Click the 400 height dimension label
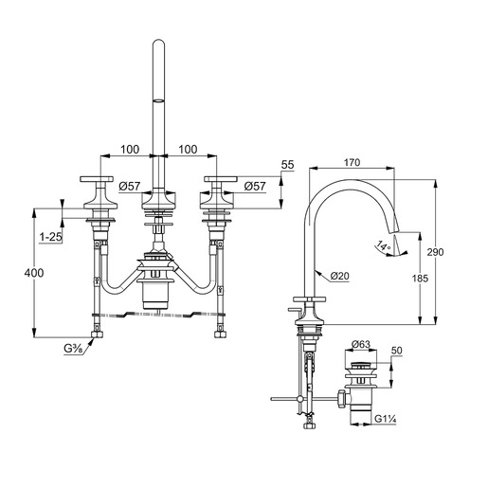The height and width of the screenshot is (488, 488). pyautogui.click(x=34, y=273)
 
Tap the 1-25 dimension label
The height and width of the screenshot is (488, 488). pyautogui.click(x=50, y=237)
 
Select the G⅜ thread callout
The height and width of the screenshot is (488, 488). pyautogui.click(x=73, y=349)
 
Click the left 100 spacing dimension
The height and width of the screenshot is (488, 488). pyautogui.click(x=130, y=150)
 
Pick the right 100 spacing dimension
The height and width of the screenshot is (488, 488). pyautogui.click(x=188, y=150)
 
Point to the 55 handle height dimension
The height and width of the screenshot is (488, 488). pyautogui.click(x=287, y=165)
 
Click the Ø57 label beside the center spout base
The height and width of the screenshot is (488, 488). pyautogui.click(x=130, y=186)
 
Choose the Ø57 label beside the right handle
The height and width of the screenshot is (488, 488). pyautogui.click(x=255, y=186)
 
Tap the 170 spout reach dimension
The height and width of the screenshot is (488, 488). pyautogui.click(x=352, y=162)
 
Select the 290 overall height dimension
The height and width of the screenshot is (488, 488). pyautogui.click(x=435, y=252)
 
